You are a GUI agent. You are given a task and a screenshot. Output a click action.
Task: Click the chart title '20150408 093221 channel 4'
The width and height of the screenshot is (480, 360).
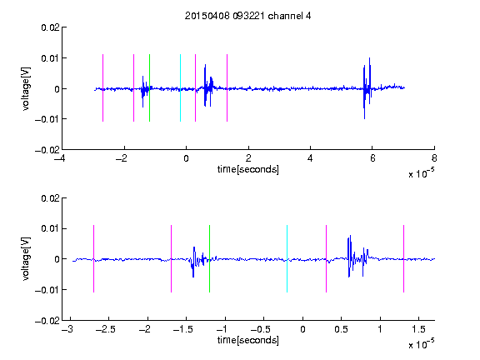tap(247, 16)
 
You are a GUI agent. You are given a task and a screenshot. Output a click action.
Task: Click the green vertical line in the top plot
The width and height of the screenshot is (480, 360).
tap(149, 87)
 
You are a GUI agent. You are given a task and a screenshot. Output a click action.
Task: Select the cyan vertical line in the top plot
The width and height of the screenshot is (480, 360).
tap(180, 87)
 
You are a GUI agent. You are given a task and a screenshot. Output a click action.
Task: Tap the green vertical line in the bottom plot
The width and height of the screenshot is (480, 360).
tap(209, 258)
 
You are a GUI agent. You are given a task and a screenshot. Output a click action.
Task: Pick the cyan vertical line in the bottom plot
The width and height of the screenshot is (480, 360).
tap(287, 258)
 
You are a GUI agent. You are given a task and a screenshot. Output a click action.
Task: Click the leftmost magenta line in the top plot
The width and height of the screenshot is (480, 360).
tap(102, 87)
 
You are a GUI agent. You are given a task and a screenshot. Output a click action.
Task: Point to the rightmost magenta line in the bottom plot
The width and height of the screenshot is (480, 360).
tap(403, 258)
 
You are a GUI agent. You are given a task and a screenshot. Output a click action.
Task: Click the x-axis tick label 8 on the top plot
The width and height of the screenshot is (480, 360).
tap(434, 158)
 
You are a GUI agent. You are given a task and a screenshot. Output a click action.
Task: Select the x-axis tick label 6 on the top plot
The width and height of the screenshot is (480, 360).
tap(372, 158)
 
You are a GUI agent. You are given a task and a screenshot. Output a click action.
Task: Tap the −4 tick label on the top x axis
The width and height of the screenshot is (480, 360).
tap(59, 158)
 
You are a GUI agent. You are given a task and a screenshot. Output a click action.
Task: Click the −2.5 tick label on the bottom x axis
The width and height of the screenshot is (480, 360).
tap(105, 329)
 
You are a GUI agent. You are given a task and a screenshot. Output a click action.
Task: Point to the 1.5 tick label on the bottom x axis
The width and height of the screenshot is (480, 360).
tap(418, 329)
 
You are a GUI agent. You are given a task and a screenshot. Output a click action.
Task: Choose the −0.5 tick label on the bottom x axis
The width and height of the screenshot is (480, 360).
tap(261, 329)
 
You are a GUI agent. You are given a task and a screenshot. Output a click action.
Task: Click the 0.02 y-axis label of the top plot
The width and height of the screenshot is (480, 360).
tap(50, 27)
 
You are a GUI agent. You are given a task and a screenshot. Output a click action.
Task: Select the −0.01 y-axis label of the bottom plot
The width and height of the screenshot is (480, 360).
tap(47, 290)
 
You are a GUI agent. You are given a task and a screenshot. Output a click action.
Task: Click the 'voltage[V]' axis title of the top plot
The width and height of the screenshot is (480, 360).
tap(27, 89)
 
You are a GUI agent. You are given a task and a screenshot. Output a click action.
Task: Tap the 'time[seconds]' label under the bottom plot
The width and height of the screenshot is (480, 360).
tap(248, 340)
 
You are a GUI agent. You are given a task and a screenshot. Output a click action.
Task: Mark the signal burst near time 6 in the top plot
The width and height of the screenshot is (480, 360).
tap(367, 88)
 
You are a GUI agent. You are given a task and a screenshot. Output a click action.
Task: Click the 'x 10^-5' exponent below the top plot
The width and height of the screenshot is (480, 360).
tap(421, 173)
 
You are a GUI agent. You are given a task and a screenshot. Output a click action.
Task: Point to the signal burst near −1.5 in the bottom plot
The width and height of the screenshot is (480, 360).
tap(197, 261)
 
